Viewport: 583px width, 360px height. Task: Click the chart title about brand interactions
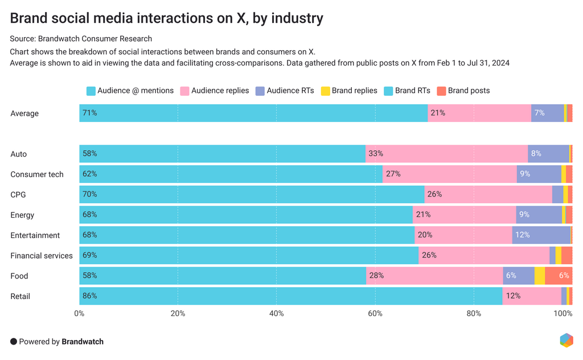(166, 18)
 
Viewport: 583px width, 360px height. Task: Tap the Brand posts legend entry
(463, 91)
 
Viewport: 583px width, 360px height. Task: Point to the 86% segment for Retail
(290, 296)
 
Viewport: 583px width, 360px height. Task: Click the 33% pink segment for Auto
(446, 154)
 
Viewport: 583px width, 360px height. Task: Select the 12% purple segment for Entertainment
(541, 235)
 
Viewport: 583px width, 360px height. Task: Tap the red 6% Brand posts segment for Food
(559, 276)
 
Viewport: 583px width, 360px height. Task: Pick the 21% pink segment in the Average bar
(479, 113)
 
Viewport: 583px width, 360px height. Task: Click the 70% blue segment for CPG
(252, 195)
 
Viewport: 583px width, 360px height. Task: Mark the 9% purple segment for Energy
(539, 215)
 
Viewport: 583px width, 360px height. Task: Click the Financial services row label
(42, 256)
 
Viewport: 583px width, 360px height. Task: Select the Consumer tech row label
(37, 174)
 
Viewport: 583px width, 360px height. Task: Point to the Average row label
(24, 113)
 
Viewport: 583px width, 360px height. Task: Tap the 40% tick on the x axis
(277, 313)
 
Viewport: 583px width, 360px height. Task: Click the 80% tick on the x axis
(474, 313)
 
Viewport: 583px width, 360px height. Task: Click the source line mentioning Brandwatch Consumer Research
(81, 39)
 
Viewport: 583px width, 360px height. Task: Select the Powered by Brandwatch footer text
(57, 342)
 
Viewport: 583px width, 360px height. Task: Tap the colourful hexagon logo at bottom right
(566, 340)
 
